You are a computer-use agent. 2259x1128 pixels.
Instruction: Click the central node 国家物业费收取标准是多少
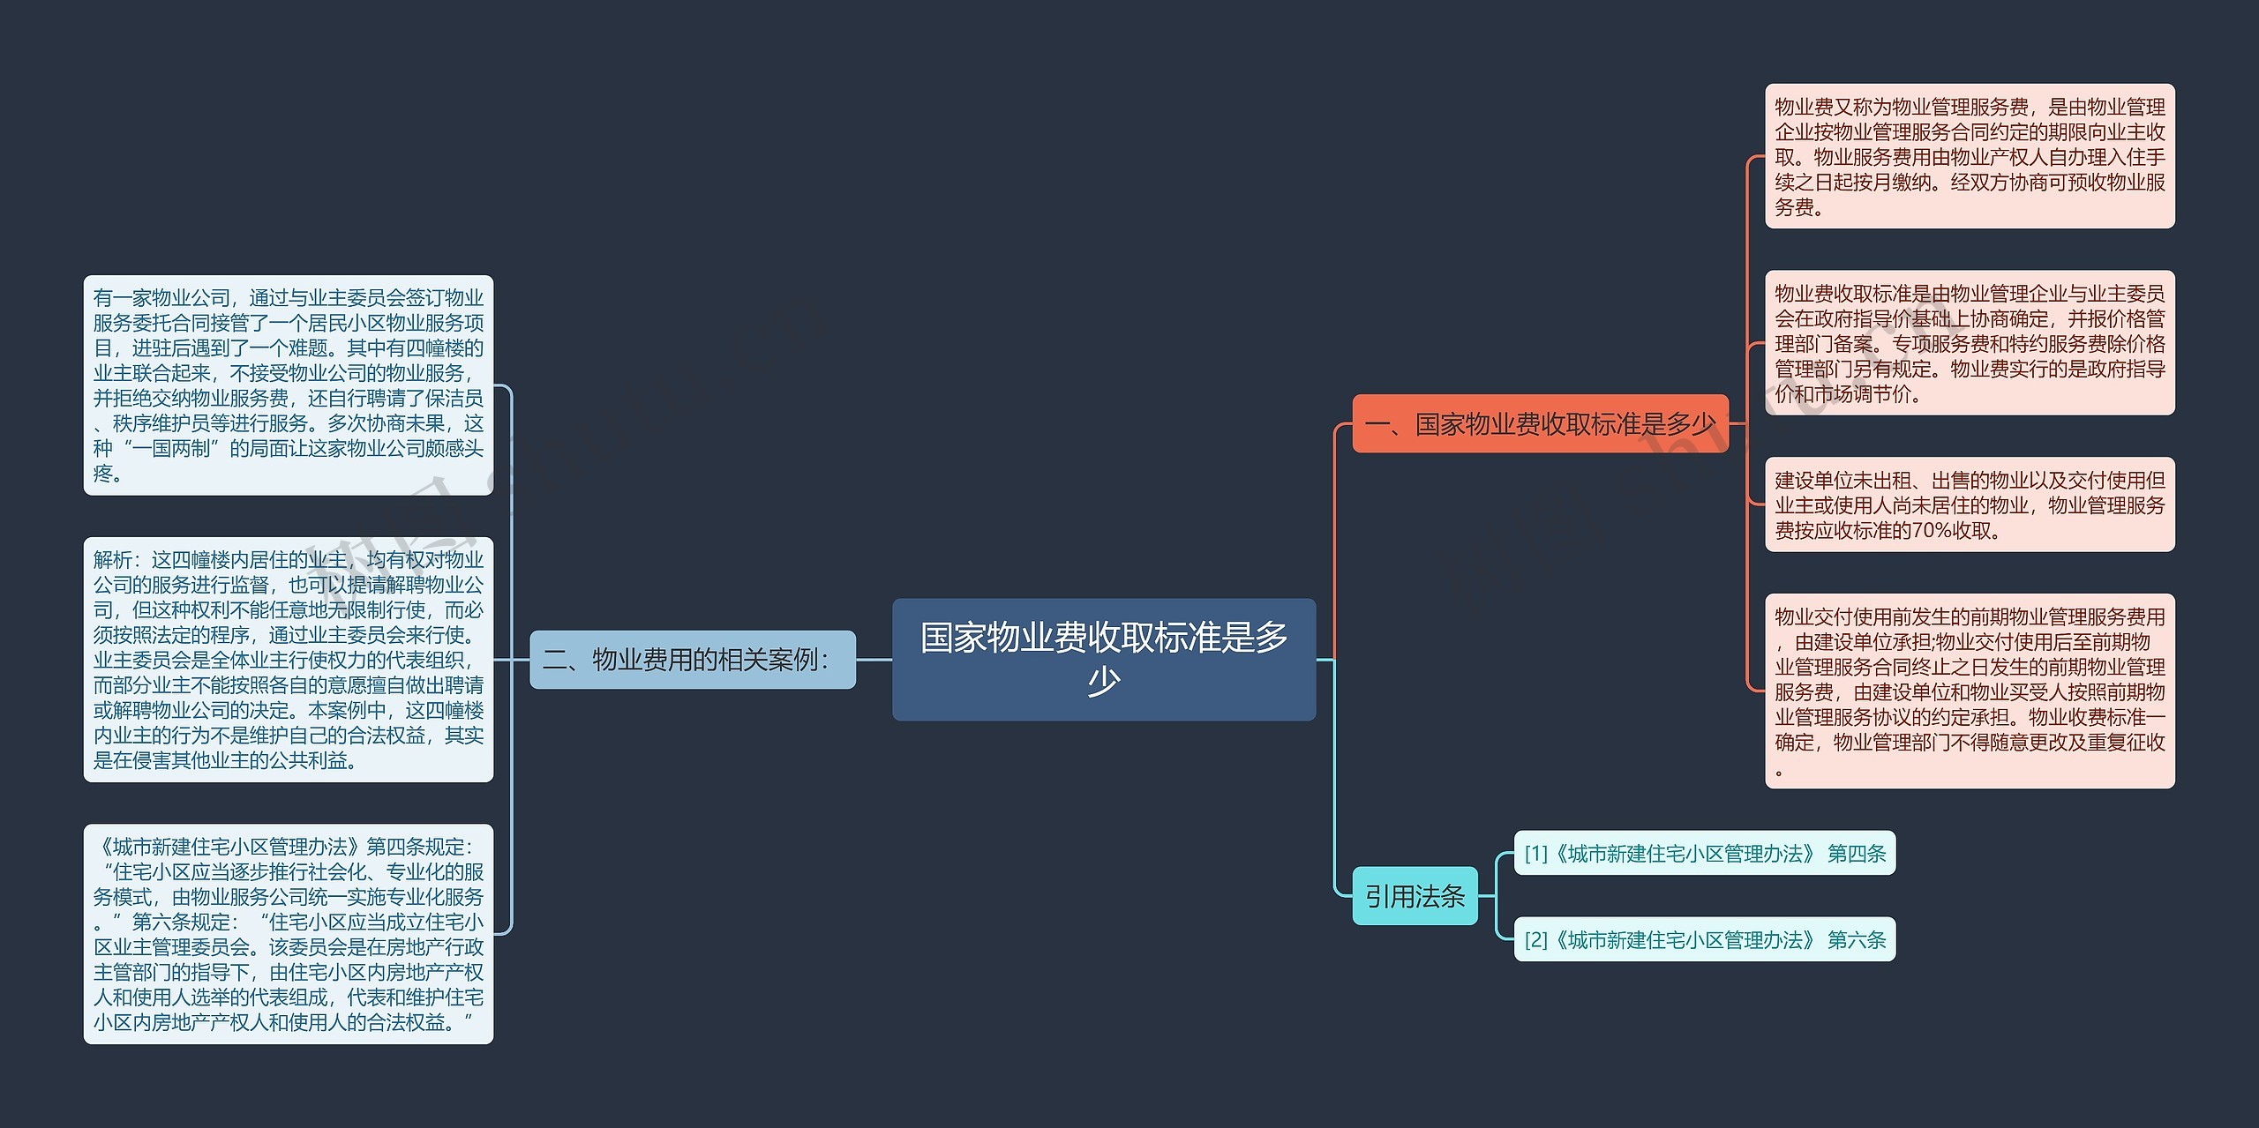(x=1103, y=659)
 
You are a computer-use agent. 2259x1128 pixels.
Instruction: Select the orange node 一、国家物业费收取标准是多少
(x=1540, y=424)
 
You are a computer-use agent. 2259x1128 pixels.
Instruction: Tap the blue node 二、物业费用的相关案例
(x=692, y=659)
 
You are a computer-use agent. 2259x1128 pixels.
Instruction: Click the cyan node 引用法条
(x=1415, y=896)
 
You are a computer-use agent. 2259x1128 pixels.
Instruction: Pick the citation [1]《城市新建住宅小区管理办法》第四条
(x=1704, y=853)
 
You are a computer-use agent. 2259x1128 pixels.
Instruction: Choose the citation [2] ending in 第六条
(x=1704, y=939)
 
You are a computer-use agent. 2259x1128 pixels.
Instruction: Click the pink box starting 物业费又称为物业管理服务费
(x=1969, y=156)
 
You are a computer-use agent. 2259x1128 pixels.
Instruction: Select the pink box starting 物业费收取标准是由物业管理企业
(x=1969, y=342)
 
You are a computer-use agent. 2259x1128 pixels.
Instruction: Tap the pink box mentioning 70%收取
(x=1969, y=504)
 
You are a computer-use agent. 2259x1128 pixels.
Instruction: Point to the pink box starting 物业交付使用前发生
(x=1969, y=691)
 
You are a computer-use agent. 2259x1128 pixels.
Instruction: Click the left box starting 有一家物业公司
(x=288, y=385)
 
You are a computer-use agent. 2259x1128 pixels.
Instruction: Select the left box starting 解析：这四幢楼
(x=288, y=659)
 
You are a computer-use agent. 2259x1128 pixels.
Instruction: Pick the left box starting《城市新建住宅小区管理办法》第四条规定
(x=288, y=934)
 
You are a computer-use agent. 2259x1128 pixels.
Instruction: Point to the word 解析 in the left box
(x=112, y=559)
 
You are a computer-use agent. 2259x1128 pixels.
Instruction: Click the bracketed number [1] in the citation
(x=1535, y=853)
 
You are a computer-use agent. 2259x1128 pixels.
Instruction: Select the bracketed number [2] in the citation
(x=1535, y=939)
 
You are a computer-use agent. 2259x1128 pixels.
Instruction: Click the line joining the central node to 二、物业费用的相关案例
(x=874, y=659)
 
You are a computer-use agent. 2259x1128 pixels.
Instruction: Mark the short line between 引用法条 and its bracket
(x=1487, y=896)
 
